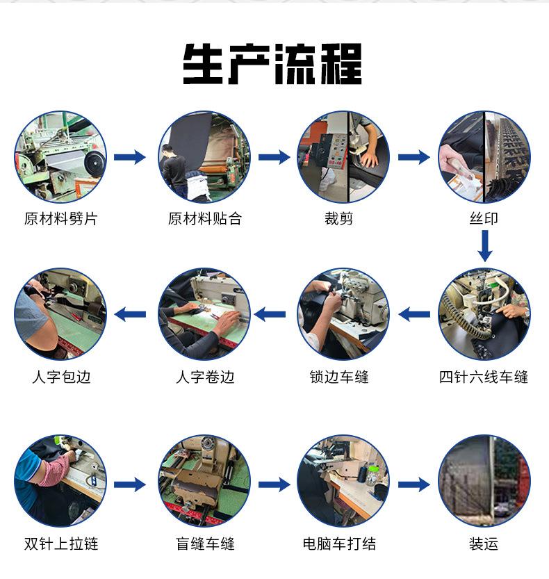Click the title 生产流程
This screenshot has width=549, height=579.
point(272,64)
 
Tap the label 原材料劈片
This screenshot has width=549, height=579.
point(61,218)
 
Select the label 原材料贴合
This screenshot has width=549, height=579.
point(205,218)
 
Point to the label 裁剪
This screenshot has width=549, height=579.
point(339,218)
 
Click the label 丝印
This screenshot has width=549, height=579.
point(484,218)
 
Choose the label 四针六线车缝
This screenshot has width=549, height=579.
point(484,377)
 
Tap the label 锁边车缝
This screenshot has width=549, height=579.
point(339,377)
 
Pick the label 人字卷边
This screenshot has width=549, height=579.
point(205,377)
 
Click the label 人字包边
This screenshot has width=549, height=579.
point(61,377)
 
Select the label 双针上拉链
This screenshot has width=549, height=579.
point(61,544)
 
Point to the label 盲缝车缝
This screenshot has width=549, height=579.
point(205,544)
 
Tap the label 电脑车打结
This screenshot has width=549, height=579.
point(339,544)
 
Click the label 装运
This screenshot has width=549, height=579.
point(484,544)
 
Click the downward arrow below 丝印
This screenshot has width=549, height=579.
point(485,246)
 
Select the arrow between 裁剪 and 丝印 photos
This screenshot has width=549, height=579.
point(414,157)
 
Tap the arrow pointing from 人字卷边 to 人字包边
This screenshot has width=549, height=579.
point(130,315)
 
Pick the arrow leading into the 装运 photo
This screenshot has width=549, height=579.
point(414,484)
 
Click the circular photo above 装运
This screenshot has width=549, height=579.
point(484,481)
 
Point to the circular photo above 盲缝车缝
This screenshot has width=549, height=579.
point(204,481)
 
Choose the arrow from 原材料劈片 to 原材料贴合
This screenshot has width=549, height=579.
point(130,157)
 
